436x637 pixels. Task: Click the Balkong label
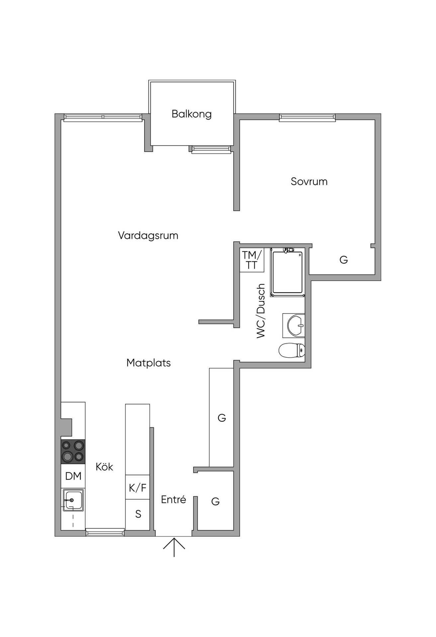(x=192, y=114)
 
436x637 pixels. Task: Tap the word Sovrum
(x=309, y=181)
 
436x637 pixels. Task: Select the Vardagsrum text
(x=148, y=236)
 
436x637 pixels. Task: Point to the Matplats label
(x=148, y=363)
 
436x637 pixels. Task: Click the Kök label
(x=104, y=466)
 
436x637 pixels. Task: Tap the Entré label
(x=173, y=499)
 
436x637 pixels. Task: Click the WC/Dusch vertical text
(x=261, y=311)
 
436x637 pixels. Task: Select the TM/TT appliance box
(x=252, y=260)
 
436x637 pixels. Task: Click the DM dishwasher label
(x=73, y=476)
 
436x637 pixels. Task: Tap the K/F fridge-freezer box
(x=137, y=487)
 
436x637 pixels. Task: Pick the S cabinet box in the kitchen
(x=137, y=514)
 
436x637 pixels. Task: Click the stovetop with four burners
(x=73, y=452)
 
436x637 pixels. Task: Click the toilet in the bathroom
(x=292, y=350)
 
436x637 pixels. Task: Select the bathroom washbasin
(x=294, y=325)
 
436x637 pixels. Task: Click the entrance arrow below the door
(x=174, y=547)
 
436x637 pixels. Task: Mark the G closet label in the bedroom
(x=344, y=259)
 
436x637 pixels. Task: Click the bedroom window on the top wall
(x=307, y=117)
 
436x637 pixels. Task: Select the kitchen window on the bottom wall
(x=105, y=533)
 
